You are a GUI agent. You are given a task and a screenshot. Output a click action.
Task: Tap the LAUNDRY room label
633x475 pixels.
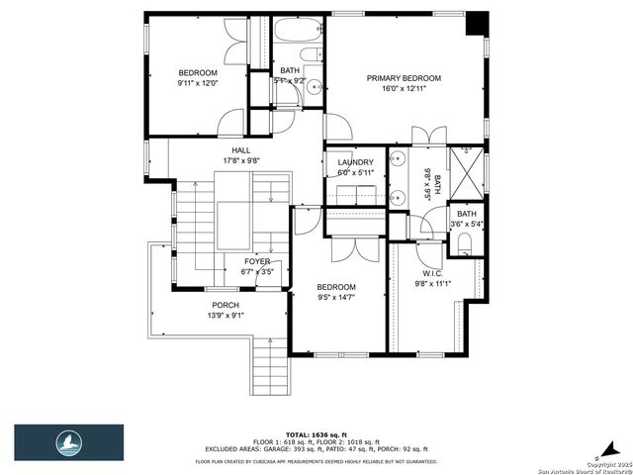click(355, 162)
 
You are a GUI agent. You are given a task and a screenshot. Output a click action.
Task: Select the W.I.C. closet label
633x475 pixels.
click(432, 273)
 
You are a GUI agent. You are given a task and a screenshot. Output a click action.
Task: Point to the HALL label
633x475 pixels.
click(227, 149)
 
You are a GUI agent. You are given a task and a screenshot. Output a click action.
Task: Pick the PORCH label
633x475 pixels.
click(226, 305)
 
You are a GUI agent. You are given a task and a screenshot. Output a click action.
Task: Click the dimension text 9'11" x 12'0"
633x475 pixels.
click(197, 83)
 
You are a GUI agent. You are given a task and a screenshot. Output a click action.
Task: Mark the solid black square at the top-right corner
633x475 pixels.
click(477, 22)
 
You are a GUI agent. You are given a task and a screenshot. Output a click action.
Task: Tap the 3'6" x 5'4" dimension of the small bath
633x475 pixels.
click(465, 225)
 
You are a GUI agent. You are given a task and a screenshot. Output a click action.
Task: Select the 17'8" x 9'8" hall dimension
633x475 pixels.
click(227, 160)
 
